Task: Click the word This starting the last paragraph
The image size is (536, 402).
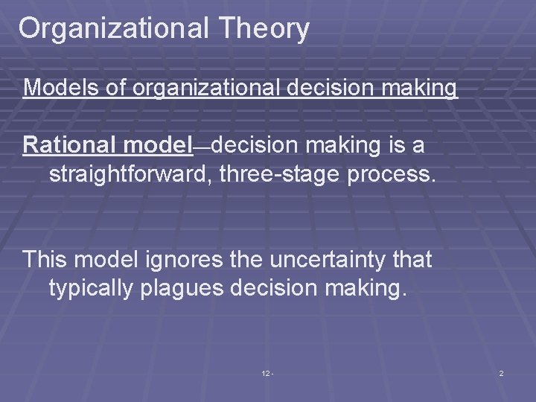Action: click(45, 260)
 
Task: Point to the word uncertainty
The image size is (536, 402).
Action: click(332, 260)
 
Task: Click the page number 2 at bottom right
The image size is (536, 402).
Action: click(501, 373)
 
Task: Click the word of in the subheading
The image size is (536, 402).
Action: click(115, 88)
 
